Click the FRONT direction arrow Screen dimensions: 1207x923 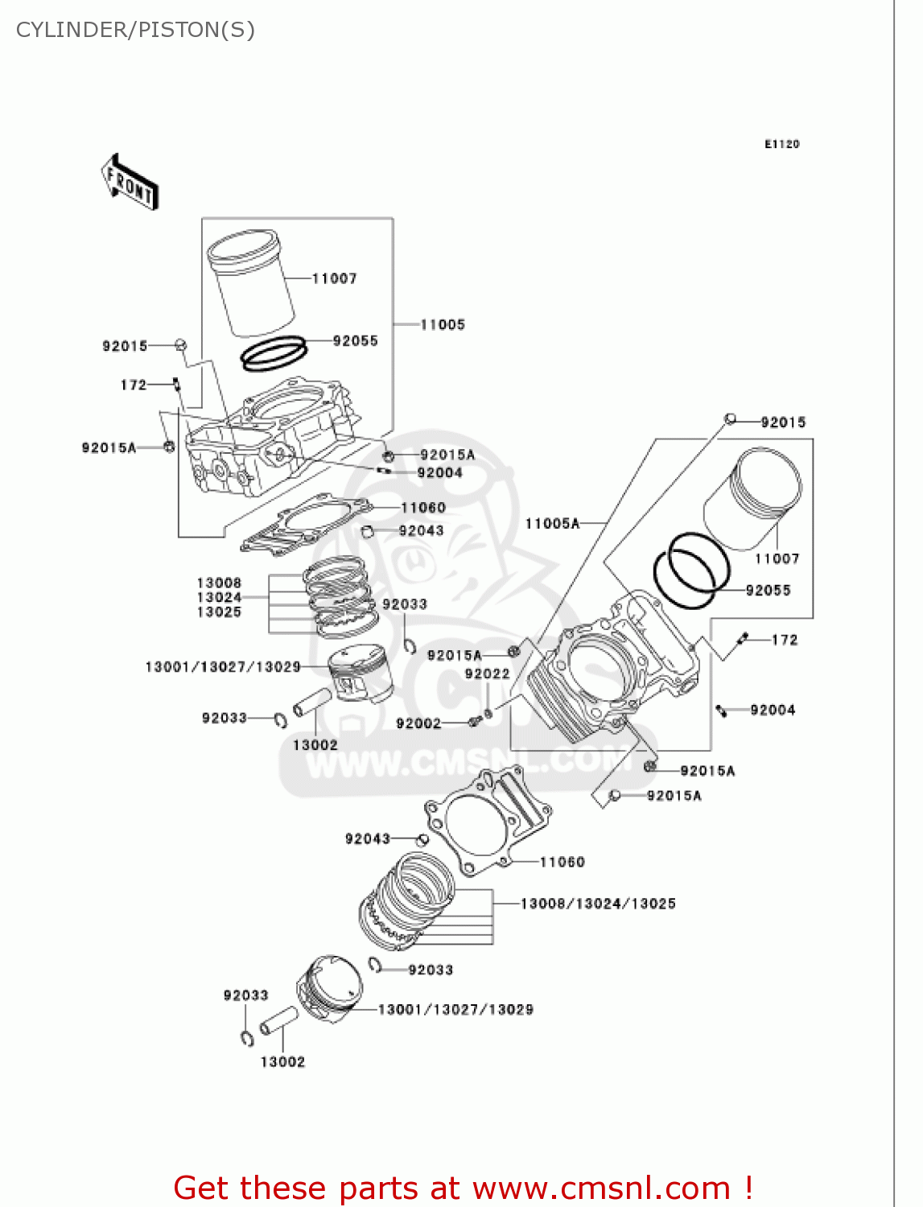[x=129, y=183]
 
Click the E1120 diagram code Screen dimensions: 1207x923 [x=781, y=144]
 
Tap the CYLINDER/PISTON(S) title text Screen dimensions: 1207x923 [x=135, y=30]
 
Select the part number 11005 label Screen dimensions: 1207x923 [x=443, y=324]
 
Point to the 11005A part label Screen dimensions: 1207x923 [x=552, y=524]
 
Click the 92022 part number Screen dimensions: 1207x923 [x=487, y=674]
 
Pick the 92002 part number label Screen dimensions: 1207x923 [x=418, y=723]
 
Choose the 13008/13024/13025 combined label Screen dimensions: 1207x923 [x=598, y=904]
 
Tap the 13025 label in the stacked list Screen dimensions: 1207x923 [x=219, y=612]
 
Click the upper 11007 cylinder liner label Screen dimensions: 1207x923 [x=334, y=278]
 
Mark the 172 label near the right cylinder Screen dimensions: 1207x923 [x=784, y=640]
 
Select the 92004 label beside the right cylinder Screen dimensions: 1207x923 [x=773, y=710]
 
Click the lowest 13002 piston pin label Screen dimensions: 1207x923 [x=282, y=1062]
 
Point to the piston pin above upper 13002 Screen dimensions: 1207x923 [x=312, y=702]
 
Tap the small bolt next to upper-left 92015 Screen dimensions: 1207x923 [x=180, y=346]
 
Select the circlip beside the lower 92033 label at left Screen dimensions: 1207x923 [x=247, y=1038]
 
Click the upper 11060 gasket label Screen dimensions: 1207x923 [x=422, y=508]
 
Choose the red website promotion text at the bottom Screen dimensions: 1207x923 [x=463, y=1188]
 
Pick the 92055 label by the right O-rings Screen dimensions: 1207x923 [x=768, y=591]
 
